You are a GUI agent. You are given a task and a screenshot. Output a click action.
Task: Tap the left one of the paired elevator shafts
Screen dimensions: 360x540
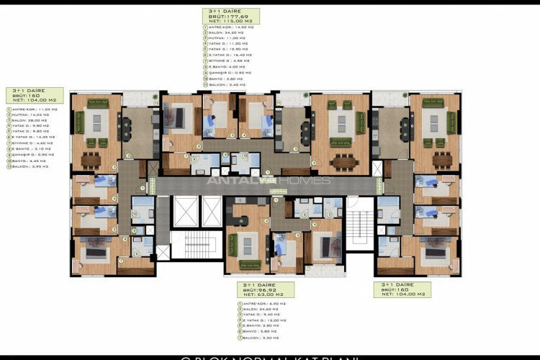184,211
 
